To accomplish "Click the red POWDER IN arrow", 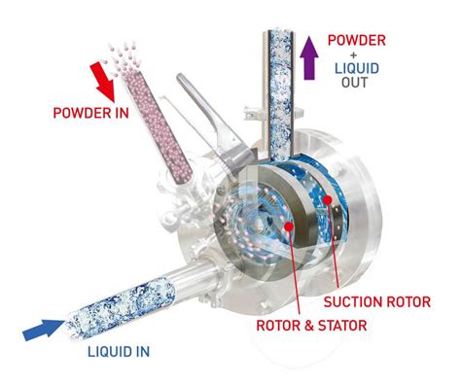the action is click(103, 82).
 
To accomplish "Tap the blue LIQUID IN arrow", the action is click(43, 330).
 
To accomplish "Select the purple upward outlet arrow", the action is click(309, 58).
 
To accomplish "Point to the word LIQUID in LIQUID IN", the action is click(108, 352).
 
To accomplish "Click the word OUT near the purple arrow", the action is click(354, 83).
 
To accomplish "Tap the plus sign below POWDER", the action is click(354, 55).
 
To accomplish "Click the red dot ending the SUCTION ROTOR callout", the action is click(327, 199).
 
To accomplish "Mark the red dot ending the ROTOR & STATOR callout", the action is click(288, 227).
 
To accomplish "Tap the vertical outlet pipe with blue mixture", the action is click(280, 95).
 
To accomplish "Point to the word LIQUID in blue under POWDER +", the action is click(357, 69).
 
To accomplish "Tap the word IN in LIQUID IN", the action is click(141, 352).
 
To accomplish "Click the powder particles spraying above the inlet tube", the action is click(122, 57).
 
